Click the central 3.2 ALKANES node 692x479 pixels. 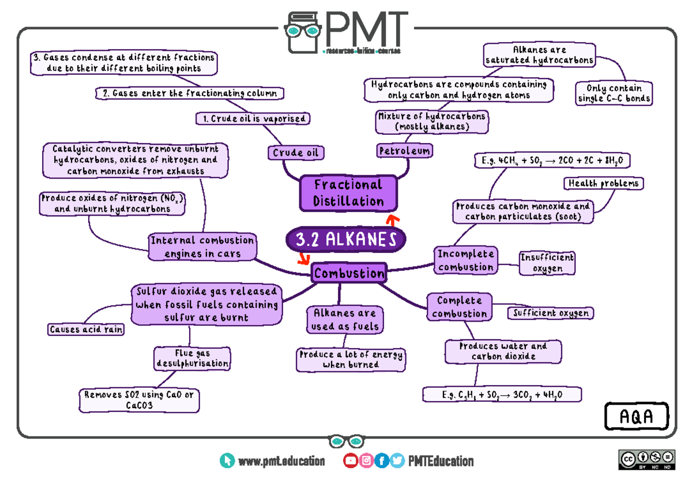click(345, 240)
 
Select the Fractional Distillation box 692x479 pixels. click(348, 193)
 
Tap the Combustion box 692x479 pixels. click(348, 273)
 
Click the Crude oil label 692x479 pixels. click(295, 153)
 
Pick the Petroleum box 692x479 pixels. click(404, 151)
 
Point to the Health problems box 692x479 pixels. click(603, 183)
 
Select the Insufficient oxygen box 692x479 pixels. click(547, 263)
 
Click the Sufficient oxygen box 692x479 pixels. click(551, 313)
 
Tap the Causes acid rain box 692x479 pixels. click(86, 330)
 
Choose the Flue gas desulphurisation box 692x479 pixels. click(192, 358)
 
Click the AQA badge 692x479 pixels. click(637, 417)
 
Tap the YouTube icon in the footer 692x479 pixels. click(350, 461)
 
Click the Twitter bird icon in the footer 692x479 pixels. click(397, 461)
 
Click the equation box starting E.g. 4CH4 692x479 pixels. click(551, 160)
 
